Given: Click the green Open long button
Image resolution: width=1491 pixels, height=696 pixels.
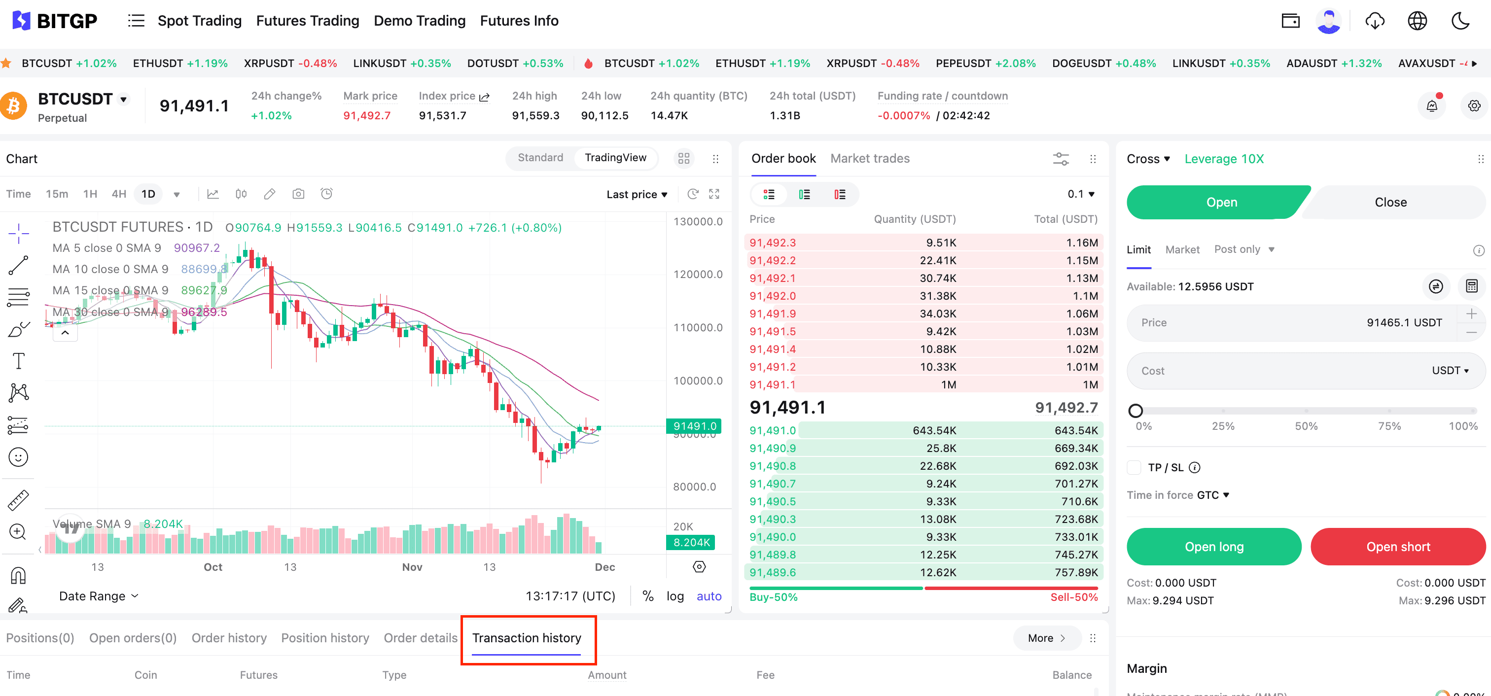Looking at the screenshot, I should coord(1214,546).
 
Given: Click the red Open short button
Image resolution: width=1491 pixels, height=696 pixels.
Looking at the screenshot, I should coord(1398,546).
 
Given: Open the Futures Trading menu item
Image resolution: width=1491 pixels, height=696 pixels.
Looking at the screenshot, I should coord(307,21).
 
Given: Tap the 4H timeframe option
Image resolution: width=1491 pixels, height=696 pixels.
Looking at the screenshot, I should coord(119,194).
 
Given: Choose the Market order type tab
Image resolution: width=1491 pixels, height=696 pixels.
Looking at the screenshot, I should coord(1182,249).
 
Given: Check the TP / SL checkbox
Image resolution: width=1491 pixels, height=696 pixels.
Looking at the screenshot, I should coord(1134,467).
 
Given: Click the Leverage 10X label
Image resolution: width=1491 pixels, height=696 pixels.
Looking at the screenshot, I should coord(1224,159).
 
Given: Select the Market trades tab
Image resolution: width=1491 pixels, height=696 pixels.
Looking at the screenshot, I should coord(869,159).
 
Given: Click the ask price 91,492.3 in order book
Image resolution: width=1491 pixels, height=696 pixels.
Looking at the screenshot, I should coord(772,243).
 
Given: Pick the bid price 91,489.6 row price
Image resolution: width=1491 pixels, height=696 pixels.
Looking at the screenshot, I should coord(772,572).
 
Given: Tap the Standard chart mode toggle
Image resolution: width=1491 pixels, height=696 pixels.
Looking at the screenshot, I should coord(540,157).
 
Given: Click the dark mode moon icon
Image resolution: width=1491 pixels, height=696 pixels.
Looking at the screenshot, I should coord(1460,21).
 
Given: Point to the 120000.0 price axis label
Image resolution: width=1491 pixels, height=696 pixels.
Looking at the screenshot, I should coord(698,274).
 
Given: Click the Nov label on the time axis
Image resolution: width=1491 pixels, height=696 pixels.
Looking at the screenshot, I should coord(412,567).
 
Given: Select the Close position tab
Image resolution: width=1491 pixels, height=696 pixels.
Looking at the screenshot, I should coord(1390,202).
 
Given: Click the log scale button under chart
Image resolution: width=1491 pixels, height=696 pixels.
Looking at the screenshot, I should coord(675,596).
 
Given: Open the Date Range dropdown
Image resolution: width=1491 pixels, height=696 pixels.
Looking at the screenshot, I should coord(99,596).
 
